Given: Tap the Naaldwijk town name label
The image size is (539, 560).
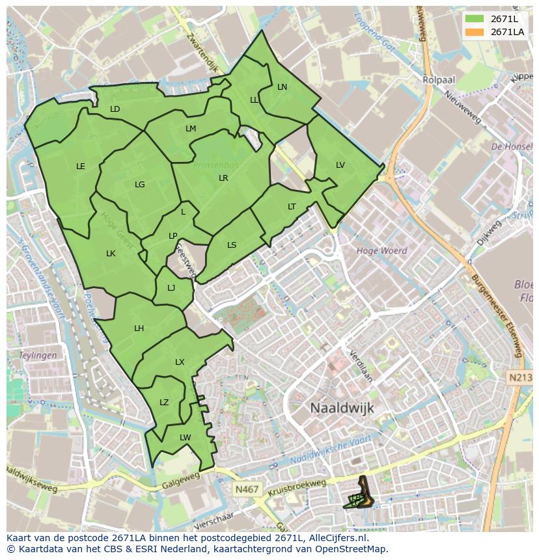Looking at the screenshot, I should pos(342,407).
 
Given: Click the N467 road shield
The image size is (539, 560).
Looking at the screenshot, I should pos(246,487).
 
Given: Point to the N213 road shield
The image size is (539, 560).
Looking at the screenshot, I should pos(518,377).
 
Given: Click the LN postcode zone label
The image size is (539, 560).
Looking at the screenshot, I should pos(282,87).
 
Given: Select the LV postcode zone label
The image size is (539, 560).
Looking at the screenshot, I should pos(340,165).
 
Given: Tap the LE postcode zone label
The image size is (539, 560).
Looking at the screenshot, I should pos(81,167).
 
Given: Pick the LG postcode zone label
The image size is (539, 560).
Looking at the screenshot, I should pos(139,185).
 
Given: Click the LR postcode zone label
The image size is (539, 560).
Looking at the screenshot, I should pos(223,178).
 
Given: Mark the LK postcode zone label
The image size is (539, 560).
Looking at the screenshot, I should pos(111,254).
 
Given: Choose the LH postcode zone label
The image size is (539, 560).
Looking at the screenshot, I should pos(139,328).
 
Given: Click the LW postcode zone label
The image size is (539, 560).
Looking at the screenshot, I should pos(185,438).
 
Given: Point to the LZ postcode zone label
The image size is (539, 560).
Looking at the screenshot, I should pos(164,403).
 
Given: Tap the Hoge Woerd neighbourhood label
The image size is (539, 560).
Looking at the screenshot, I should pos(381,250).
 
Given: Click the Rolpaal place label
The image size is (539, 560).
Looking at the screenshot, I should pos(438,80).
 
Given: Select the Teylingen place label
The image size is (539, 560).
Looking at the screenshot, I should pos(38,356).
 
